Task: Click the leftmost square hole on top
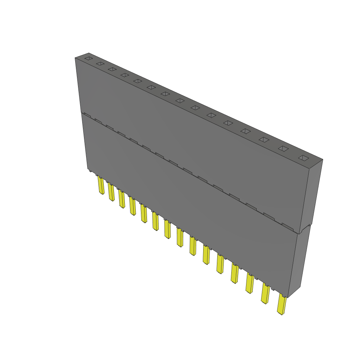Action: (89, 58)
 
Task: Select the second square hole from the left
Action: (100, 64)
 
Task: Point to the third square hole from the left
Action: (112, 69)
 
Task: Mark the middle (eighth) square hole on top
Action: (180, 101)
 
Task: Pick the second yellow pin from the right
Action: (265, 294)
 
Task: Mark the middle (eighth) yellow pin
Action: (180, 237)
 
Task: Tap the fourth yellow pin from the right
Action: (235, 273)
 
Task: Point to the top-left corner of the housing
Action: (75, 58)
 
